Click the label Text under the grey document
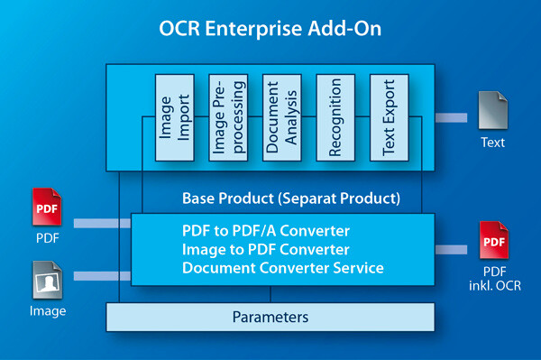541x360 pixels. coord(492,143)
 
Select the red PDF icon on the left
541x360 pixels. coord(48,208)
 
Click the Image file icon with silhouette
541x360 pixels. coord(48,282)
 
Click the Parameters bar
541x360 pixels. coord(270,317)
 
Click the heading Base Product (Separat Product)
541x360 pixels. coord(290,198)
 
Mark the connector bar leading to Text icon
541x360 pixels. coord(451,117)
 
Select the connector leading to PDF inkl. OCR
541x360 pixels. coord(451,249)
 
